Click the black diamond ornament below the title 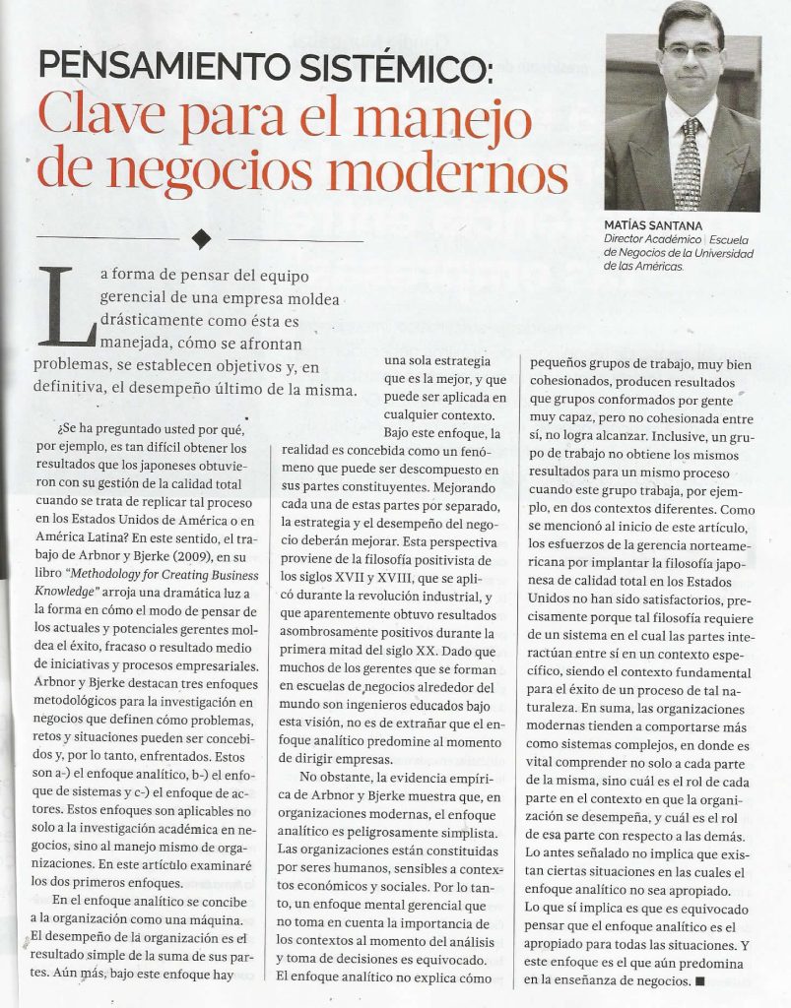(202, 239)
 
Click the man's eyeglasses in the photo (690, 49)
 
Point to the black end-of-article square (700, 980)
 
